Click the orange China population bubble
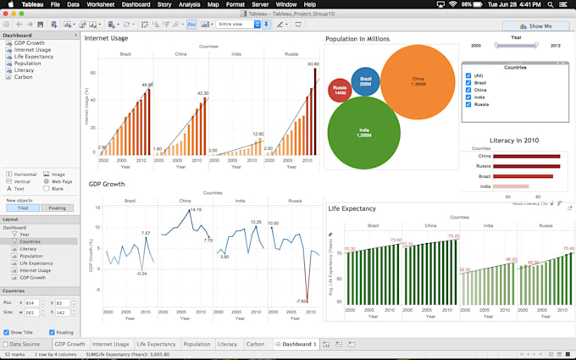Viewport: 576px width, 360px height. pos(418,83)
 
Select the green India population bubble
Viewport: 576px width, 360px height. pos(363,133)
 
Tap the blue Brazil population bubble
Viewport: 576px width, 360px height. pos(365,83)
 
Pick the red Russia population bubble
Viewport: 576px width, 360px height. pos(340,91)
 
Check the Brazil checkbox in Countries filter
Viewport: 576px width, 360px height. pos(469,83)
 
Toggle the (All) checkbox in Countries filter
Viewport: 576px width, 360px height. pos(469,75)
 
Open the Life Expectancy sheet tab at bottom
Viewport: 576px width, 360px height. pos(156,345)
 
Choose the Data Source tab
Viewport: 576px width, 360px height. pos(24,345)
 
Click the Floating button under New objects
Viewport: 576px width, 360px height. pos(58,208)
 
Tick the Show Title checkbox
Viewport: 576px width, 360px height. pos(8,332)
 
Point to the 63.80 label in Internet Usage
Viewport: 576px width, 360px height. pos(313,64)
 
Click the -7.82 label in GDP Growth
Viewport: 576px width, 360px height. pos(301,301)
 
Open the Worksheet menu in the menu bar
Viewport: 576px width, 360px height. pos(100,5)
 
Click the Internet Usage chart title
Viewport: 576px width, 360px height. pos(107,38)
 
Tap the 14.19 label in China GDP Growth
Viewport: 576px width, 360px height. pos(196,210)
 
